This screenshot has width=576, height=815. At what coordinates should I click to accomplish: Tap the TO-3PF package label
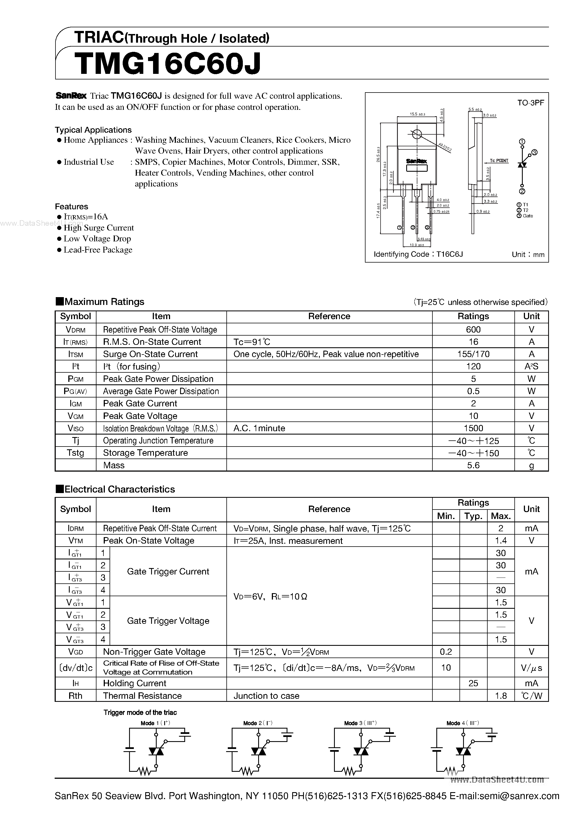tap(531, 103)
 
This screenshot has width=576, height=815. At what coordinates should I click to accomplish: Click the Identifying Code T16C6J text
tap(418, 254)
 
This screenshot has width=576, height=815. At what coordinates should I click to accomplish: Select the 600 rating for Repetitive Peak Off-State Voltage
tap(473, 329)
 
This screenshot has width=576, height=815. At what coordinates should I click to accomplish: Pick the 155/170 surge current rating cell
tap(473, 354)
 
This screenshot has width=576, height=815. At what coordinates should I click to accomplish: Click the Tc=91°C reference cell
tap(252, 342)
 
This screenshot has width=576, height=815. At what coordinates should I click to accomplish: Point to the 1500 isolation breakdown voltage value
tap(473, 428)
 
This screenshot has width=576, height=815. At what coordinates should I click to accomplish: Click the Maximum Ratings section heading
tap(104, 302)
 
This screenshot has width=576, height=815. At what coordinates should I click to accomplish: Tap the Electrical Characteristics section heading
tap(119, 489)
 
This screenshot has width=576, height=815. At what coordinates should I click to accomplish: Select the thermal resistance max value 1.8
tap(501, 695)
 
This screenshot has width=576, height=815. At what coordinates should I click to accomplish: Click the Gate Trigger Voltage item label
tap(168, 620)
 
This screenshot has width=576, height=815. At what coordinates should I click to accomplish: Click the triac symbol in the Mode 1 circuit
tap(156, 751)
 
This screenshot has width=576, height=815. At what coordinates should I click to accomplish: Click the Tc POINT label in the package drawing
tap(499, 161)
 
